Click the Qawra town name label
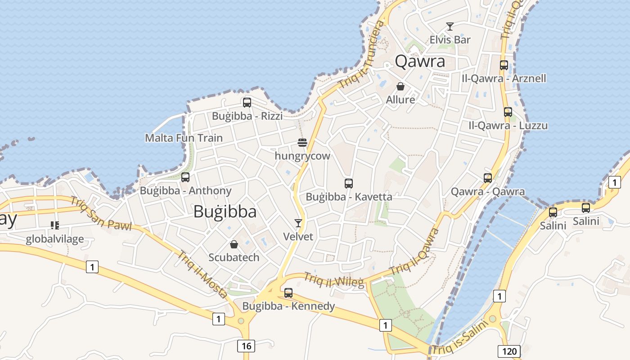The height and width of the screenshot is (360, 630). (x=420, y=61)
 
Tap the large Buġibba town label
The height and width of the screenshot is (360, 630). (x=225, y=211)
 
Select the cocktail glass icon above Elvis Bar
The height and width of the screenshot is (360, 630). (x=450, y=27)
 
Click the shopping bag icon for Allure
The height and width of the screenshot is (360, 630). (x=400, y=86)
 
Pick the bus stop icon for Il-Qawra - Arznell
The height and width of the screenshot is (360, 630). (x=504, y=65)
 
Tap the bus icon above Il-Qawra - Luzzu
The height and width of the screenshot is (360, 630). (x=508, y=112)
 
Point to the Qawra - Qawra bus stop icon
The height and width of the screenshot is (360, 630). (x=488, y=178)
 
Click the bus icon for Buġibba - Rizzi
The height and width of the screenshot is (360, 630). (x=247, y=103)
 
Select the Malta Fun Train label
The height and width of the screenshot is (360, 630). (x=184, y=138)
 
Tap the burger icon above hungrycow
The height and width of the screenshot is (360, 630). (x=302, y=143)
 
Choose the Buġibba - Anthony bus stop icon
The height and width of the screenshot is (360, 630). (x=185, y=177)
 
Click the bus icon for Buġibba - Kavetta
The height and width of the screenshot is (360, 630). (x=349, y=184)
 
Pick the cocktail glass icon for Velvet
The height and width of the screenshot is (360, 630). (x=298, y=223)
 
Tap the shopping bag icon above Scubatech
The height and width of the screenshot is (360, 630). (x=234, y=244)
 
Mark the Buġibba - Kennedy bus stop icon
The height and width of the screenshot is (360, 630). (x=288, y=293)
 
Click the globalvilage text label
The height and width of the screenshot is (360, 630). (x=54, y=238)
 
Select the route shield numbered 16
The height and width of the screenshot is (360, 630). (x=246, y=346)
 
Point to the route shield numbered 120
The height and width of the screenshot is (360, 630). (x=509, y=351)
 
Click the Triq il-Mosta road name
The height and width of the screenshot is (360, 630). (x=202, y=274)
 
